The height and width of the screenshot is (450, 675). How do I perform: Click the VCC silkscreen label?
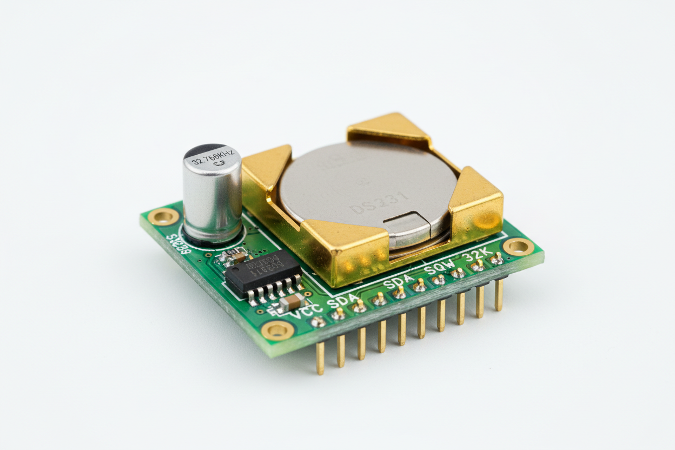[x=307, y=312]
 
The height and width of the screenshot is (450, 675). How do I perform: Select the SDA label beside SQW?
[x=398, y=282]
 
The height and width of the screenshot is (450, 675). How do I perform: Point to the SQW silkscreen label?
[x=439, y=267]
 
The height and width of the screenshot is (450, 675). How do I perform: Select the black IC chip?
[x=263, y=273]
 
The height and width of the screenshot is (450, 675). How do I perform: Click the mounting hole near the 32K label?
[x=518, y=247]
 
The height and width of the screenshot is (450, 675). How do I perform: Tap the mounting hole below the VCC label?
[x=278, y=329]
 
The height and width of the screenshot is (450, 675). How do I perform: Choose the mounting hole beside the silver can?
[x=163, y=217]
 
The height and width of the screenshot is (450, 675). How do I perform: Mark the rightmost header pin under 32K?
[x=499, y=295]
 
